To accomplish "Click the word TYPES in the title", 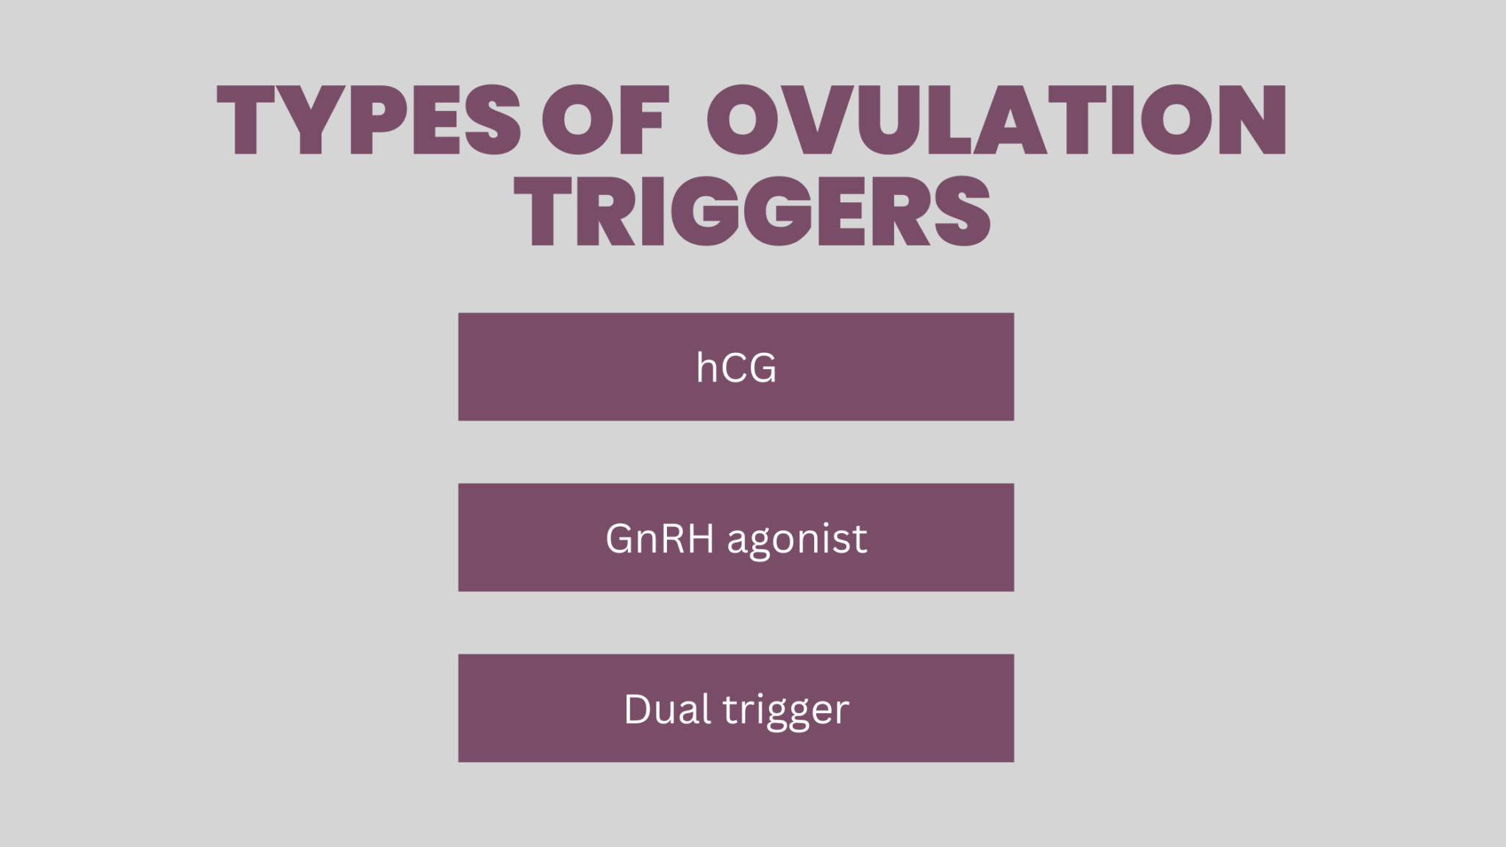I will tap(368, 119).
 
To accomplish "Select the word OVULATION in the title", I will tap(996, 119).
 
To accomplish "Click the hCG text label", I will tap(736, 368).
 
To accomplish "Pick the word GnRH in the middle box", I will tap(659, 538).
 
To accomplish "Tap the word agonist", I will tap(797, 540).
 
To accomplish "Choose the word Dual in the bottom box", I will tap(667, 709).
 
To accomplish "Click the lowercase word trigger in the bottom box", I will tap(785, 710).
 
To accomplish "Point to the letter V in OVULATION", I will tap(816, 119).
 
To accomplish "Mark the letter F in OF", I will tap(644, 119).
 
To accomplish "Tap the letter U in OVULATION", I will tap(888, 119).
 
